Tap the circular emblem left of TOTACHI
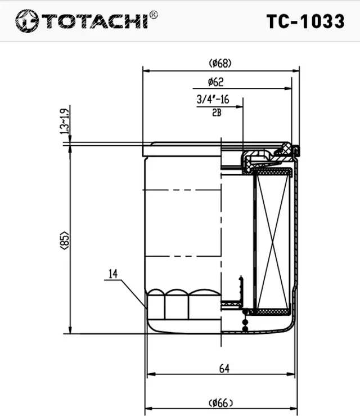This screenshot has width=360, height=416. click(26, 21)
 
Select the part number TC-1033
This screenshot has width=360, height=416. click(305, 21)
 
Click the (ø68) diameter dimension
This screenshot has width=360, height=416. click(220, 62)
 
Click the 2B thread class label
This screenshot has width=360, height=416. click(216, 112)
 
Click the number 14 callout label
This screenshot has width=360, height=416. click(113, 274)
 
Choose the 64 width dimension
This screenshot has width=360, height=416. click(224, 369)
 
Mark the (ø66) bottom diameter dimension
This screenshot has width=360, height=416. click(221, 402)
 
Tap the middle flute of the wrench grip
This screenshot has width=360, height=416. click(177, 304)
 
